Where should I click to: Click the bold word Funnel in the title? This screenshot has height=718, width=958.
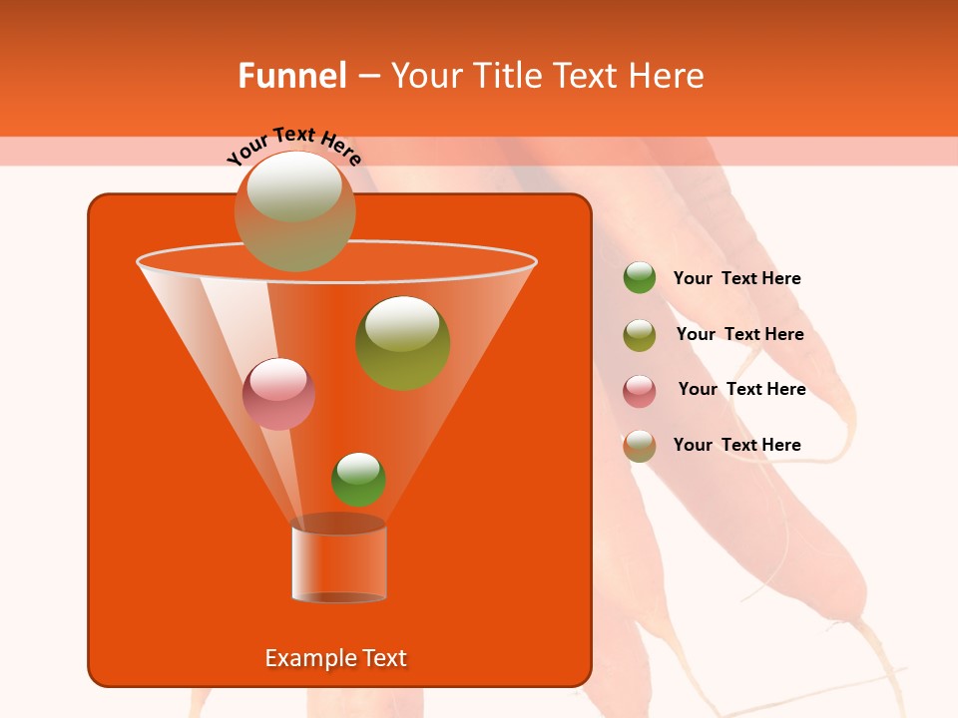tap(291, 75)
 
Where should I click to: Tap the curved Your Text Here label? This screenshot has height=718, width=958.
tap(294, 146)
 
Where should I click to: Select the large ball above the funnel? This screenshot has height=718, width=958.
tap(294, 211)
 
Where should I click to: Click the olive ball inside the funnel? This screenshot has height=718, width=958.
tap(402, 343)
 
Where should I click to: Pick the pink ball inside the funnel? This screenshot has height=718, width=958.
tap(278, 393)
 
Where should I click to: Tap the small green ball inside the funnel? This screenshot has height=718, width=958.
tap(358, 480)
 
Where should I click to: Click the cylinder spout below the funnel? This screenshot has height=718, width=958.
tap(338, 562)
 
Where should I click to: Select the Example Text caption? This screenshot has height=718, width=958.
tap(335, 658)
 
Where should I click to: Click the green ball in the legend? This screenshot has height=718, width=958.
tap(640, 278)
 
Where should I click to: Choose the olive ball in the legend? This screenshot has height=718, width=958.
tap(640, 335)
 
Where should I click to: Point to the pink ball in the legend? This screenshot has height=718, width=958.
tap(640, 391)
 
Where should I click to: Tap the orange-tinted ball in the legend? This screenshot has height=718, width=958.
tap(640, 446)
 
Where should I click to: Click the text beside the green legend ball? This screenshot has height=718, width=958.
tap(736, 279)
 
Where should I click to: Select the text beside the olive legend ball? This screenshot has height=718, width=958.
tap(739, 334)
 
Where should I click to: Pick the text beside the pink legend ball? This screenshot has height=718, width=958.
tap(741, 389)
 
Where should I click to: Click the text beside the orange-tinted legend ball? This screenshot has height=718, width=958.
tap(736, 445)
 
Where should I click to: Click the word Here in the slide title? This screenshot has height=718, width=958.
tap(668, 75)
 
